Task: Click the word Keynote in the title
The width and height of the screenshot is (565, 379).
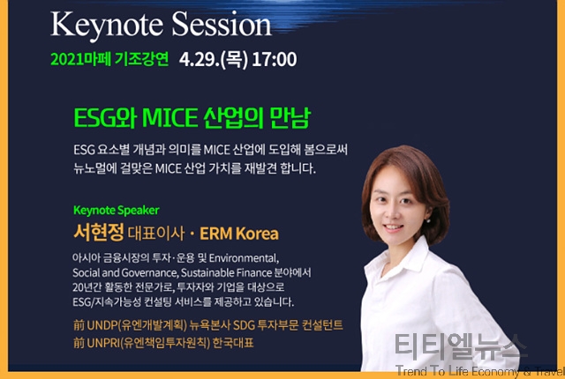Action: (107, 26)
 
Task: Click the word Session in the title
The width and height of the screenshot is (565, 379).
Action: (222, 24)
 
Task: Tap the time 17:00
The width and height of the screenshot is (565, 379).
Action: (275, 59)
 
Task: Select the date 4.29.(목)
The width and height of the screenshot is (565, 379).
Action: (214, 60)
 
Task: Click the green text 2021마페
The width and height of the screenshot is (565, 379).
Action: (80, 59)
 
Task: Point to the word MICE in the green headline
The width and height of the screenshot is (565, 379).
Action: (170, 118)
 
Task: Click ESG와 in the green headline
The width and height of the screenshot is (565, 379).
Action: (105, 118)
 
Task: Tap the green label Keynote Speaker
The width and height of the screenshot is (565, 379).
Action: (116, 211)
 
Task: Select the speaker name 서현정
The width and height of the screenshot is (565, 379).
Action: (99, 232)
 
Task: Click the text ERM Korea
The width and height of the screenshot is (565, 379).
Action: (239, 234)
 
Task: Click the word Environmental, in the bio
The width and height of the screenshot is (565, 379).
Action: (244, 258)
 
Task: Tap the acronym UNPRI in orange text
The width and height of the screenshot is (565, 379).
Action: (103, 343)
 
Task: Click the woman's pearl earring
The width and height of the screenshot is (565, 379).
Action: (428, 220)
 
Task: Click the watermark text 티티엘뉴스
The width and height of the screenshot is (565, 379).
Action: (456, 346)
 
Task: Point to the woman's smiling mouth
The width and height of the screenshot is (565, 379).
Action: (394, 227)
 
